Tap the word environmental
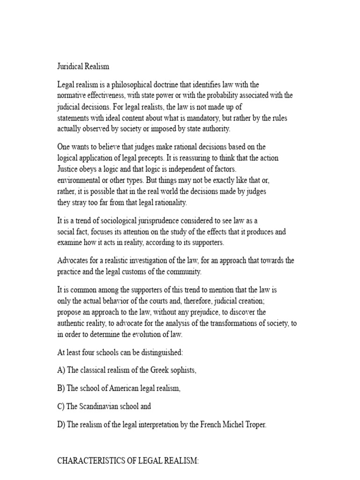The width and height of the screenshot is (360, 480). (78, 180)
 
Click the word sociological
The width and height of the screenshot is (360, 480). (120, 221)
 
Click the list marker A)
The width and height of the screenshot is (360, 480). (61, 370)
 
